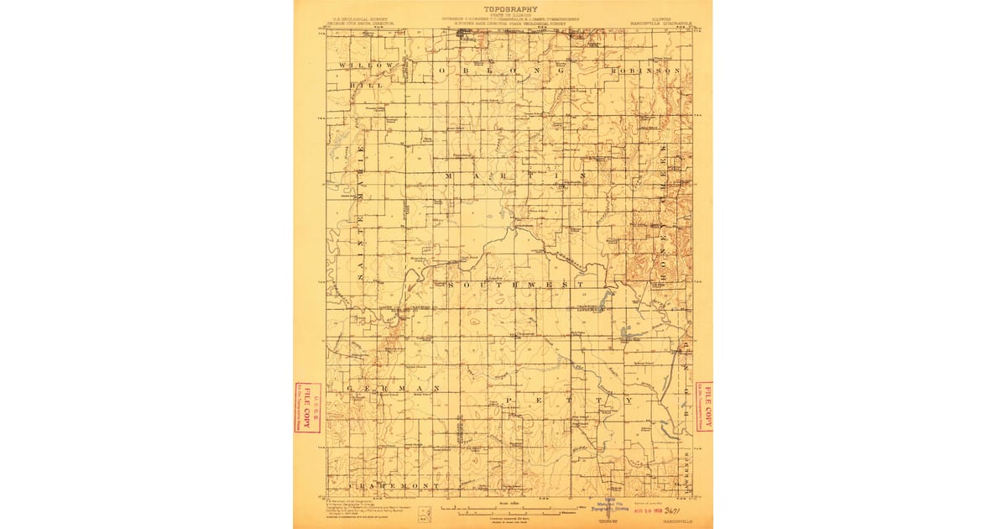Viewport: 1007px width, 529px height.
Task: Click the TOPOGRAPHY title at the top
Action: click(x=503, y=9)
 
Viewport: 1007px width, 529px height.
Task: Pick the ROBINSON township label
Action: click(x=644, y=71)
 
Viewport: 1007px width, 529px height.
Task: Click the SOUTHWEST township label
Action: click(x=514, y=285)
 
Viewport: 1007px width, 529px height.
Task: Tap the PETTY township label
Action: click(x=570, y=401)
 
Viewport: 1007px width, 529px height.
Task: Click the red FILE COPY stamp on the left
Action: click(x=307, y=407)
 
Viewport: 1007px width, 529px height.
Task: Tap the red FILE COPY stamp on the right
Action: click(x=703, y=406)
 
